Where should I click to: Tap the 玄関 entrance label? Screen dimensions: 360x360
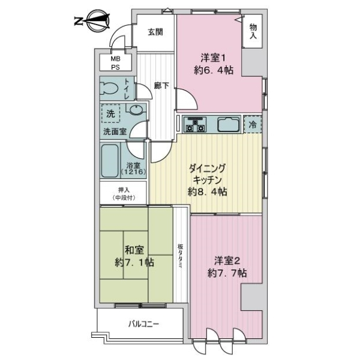point(155,32)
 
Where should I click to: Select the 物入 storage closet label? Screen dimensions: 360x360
point(253,31)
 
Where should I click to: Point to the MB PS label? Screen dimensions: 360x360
point(115,63)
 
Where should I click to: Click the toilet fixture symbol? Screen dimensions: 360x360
point(110,88)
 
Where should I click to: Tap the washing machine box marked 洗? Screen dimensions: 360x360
point(110,113)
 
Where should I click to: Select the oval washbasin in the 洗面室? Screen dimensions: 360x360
point(137,109)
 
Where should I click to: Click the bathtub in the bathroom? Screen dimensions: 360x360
point(110,161)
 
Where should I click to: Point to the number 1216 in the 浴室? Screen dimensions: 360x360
point(133,172)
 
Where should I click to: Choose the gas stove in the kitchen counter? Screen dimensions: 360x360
point(194,125)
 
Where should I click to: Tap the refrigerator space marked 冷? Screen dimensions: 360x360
point(253,125)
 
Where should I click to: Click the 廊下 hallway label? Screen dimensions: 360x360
point(161,86)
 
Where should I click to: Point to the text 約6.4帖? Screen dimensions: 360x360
point(214,70)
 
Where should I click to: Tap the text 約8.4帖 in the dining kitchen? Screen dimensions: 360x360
point(208,192)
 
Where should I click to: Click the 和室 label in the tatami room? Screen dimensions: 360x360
point(134,250)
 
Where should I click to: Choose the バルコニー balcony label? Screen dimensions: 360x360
point(143,324)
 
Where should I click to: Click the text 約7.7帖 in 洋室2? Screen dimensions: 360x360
point(227,273)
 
